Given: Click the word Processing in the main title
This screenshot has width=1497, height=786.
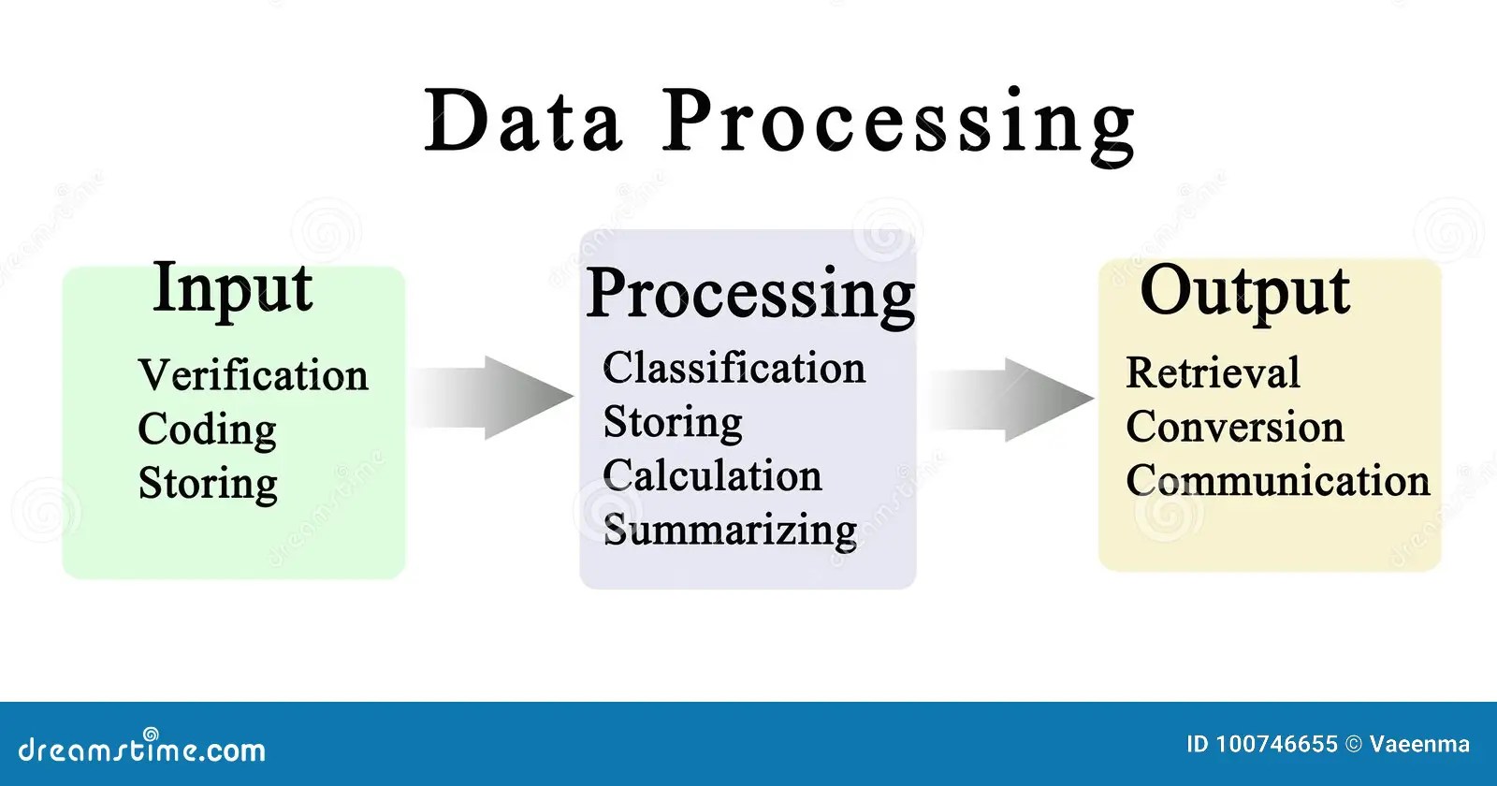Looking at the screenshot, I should point(899,124).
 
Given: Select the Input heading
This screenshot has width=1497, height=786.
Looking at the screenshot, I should point(232,289).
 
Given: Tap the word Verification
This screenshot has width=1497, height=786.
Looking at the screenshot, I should point(253,375).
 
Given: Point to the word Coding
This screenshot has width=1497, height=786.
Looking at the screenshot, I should point(207,430).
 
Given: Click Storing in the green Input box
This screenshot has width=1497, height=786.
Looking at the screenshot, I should point(208,484).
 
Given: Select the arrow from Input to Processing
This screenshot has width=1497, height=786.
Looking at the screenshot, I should point(493,397).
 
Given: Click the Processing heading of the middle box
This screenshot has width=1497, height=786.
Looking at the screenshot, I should point(750,295).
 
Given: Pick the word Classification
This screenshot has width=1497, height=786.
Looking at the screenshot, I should point(734,368).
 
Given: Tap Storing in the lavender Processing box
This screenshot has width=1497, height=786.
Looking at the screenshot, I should point(673,423).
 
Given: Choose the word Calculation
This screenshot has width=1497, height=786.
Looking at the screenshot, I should point(712,475).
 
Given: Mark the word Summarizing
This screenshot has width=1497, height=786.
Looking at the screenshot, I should point(730,531).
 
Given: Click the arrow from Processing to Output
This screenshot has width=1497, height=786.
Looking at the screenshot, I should point(1012,399).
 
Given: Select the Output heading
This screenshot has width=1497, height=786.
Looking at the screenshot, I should point(1244,292).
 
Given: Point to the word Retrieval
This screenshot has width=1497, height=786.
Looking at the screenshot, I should point(1213,372).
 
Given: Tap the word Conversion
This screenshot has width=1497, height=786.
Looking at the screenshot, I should point(1234,427).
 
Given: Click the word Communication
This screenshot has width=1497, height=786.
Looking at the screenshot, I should point(1277,481).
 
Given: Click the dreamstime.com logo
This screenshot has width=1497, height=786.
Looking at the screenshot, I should point(142,748).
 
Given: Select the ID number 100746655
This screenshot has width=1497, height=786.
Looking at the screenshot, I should point(1276,745).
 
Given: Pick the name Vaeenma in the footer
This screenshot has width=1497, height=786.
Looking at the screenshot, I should point(1419,745).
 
